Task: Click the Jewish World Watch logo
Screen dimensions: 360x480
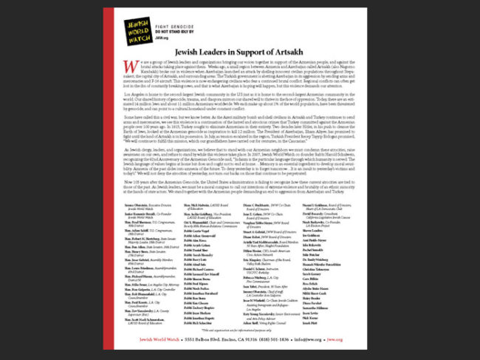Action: [138, 30]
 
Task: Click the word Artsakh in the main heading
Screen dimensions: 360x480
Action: [292, 52]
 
